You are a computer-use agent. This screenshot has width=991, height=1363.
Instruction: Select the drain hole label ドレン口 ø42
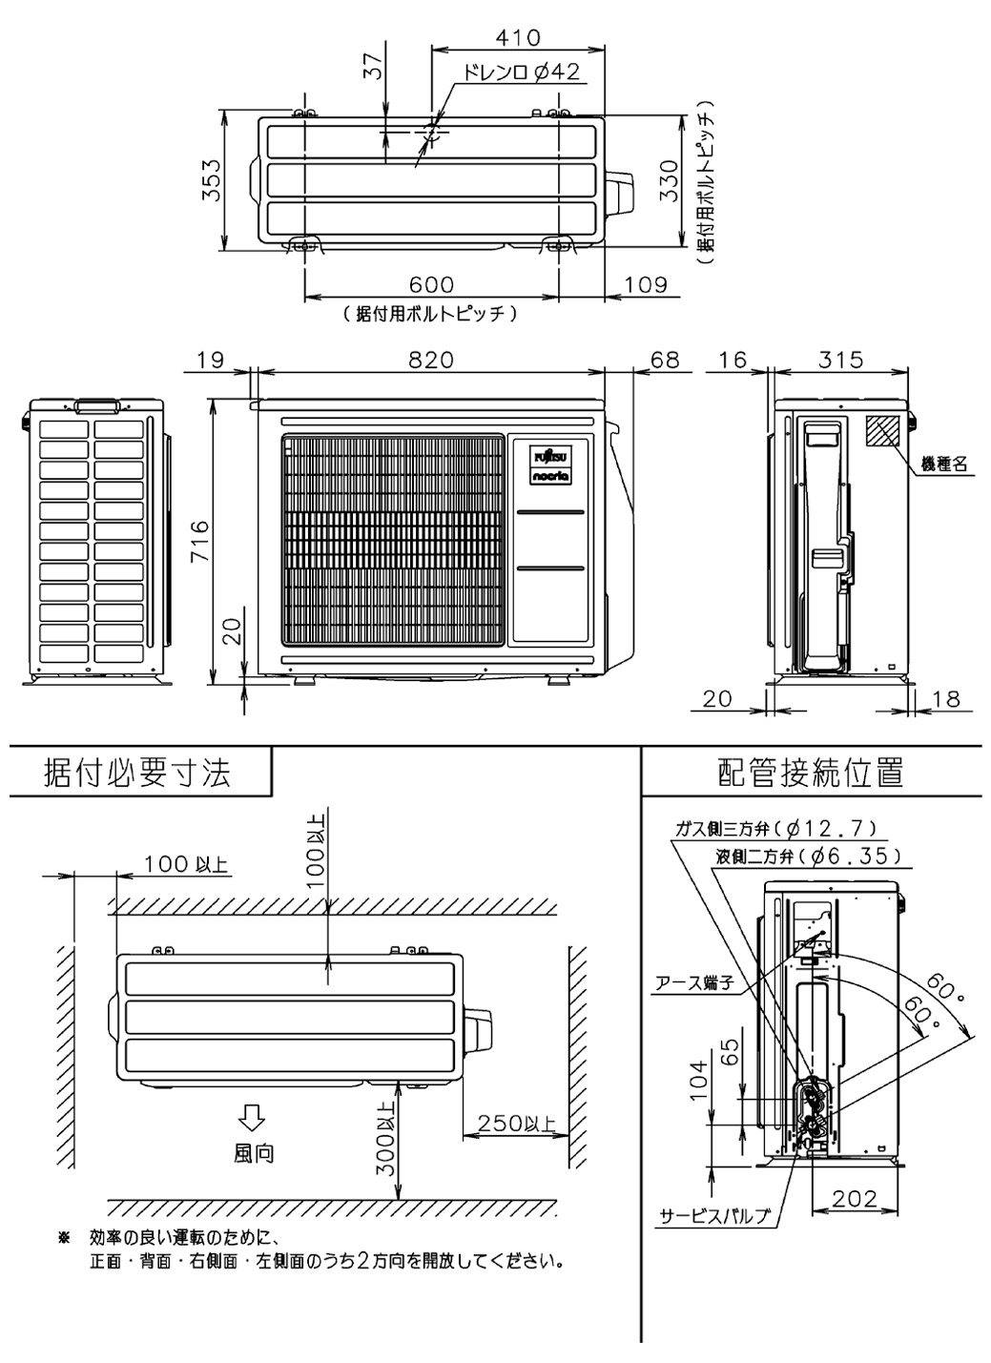click(521, 72)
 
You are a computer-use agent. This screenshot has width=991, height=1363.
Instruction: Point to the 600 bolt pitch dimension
click(431, 285)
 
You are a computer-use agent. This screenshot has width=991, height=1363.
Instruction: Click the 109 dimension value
click(645, 285)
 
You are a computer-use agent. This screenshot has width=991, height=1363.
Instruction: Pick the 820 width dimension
click(431, 360)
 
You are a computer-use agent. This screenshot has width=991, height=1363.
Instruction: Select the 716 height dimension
click(199, 541)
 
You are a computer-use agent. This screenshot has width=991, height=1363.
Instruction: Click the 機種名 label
click(944, 465)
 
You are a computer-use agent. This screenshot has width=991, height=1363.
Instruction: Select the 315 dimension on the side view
click(840, 360)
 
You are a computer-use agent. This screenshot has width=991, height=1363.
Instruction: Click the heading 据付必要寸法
click(138, 773)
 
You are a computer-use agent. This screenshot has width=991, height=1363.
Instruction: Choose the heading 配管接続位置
click(811, 773)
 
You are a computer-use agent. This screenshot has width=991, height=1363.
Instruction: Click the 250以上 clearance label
click(516, 1123)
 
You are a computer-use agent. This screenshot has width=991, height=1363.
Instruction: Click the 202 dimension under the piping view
click(853, 1199)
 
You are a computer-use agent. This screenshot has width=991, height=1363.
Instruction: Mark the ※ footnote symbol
click(65, 1238)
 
